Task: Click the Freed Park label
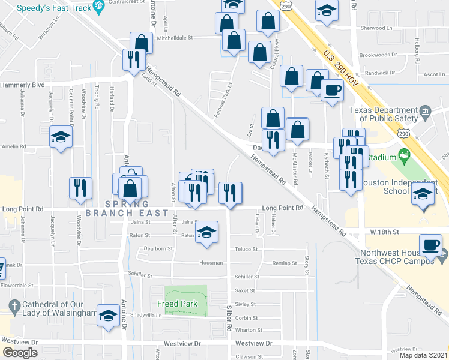[182, 304]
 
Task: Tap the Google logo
[20, 353]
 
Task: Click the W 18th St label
[384, 231]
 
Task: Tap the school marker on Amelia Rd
[61, 138]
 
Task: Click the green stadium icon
[404, 156]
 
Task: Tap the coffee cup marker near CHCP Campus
[431, 247]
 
